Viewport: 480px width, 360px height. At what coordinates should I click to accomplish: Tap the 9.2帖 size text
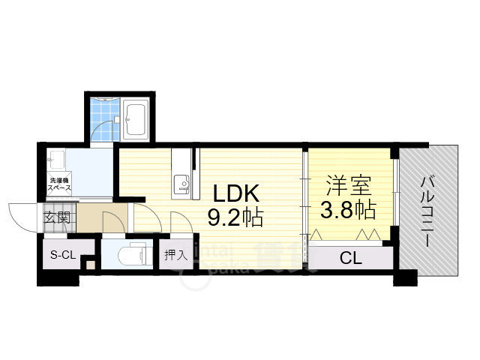pyautogui.click(x=235, y=218)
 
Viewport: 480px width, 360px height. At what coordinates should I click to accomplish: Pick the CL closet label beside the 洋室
pyautogui.click(x=350, y=259)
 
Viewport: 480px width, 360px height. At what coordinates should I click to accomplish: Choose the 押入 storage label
pyautogui.click(x=175, y=255)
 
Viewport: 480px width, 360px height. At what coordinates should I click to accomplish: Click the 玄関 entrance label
pyautogui.click(x=57, y=218)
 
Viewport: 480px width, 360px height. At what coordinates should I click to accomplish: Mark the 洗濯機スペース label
pyautogui.click(x=61, y=184)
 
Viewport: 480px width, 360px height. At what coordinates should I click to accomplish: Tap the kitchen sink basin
pyautogui.click(x=180, y=183)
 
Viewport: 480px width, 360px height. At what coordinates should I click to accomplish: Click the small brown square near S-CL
pyautogui.click(x=89, y=263)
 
